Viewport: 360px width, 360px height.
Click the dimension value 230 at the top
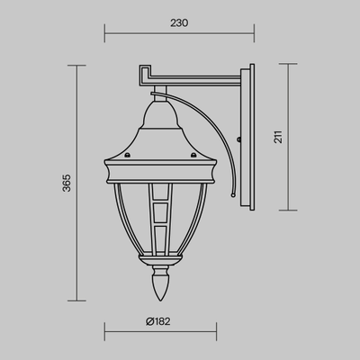179,25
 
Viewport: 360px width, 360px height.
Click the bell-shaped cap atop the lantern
164,115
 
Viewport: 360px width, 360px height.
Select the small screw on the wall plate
241,138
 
